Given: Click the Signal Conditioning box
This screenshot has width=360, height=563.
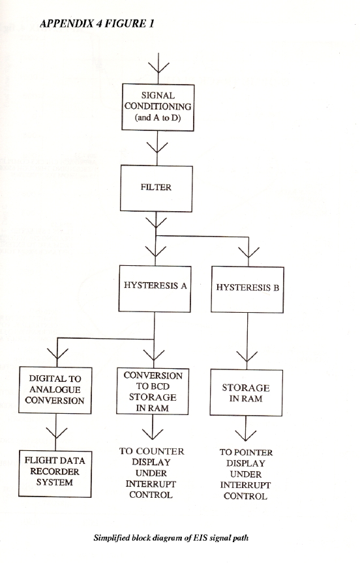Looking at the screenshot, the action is click(x=158, y=108).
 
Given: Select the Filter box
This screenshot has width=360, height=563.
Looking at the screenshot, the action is click(x=157, y=188).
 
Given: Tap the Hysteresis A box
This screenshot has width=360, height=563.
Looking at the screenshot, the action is click(x=155, y=289).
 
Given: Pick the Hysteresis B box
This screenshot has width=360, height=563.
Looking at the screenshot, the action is click(x=248, y=289).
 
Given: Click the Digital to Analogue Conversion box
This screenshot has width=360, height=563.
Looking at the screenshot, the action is click(x=55, y=390).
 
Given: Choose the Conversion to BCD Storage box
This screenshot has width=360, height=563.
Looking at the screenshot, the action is click(x=153, y=392).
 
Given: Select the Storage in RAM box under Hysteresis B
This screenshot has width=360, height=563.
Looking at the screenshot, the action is click(x=247, y=393).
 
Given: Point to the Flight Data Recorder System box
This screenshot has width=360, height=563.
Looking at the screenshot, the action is click(x=55, y=474).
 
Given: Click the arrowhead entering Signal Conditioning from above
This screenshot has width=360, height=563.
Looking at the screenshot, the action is click(x=158, y=67).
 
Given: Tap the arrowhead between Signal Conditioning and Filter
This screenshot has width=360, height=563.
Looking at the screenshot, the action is click(x=157, y=147).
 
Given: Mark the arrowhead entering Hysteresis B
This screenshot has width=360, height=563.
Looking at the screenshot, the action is click(x=248, y=252).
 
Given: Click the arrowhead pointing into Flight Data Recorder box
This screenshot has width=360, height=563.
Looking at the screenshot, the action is click(x=56, y=433).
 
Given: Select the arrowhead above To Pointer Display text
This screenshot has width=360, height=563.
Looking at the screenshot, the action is click(x=246, y=435).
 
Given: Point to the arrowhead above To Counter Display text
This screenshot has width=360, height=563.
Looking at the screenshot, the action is click(x=153, y=434).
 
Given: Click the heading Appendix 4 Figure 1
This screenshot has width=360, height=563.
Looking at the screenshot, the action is click(x=97, y=23).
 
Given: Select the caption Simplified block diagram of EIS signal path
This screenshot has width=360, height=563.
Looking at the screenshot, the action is click(x=171, y=538).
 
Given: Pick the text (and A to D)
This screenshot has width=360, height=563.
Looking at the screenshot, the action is click(x=158, y=117).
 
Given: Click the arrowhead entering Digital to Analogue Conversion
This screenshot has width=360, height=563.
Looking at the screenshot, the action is click(x=57, y=354).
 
